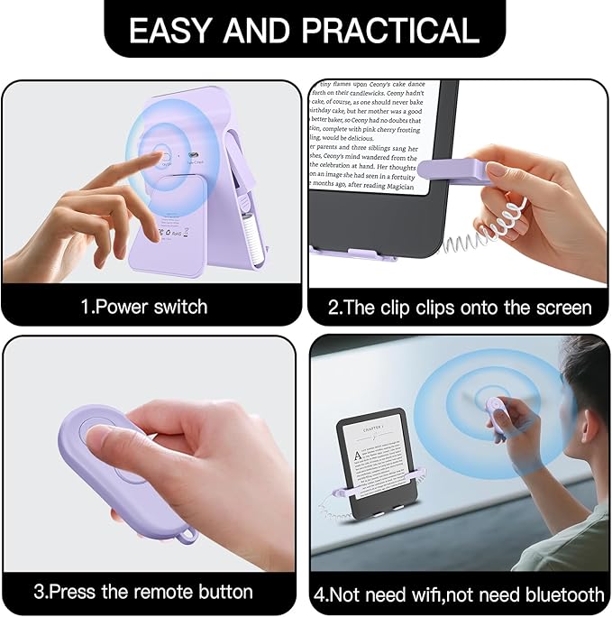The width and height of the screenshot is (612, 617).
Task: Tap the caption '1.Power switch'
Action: click(144, 307)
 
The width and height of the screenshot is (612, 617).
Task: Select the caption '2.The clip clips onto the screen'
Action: click(460, 307)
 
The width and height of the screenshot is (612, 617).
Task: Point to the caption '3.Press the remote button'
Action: click(143, 592)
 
